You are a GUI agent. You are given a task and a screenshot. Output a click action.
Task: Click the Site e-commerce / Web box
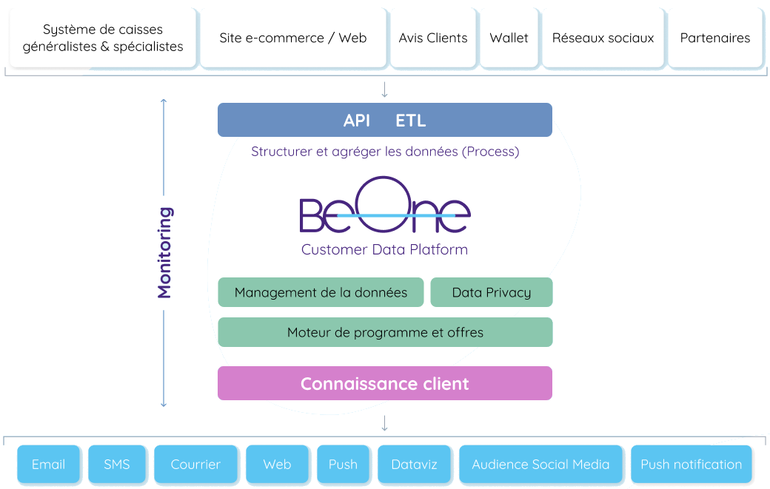[x=292, y=38]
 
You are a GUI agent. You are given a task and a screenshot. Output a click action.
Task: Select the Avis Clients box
[x=432, y=38]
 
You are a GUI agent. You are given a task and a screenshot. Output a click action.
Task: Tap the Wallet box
[x=509, y=38]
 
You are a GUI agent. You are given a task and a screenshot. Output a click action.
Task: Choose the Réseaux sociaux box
[x=603, y=38]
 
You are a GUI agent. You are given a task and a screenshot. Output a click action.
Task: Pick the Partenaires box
[x=714, y=38]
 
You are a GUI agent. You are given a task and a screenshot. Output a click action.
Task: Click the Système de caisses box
[x=103, y=38]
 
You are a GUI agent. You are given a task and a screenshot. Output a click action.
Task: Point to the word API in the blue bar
[x=357, y=121]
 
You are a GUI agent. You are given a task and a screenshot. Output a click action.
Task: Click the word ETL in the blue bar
[x=411, y=121]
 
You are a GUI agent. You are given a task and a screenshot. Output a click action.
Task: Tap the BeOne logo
[x=385, y=207]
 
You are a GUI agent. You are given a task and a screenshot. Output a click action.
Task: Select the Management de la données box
[x=321, y=292]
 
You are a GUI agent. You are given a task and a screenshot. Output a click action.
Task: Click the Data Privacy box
[x=492, y=292]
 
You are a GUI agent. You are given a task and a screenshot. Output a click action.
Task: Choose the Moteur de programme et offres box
[x=385, y=332]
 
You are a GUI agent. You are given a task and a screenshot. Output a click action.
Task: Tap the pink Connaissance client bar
[x=385, y=383]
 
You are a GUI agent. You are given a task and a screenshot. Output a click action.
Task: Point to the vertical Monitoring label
[x=164, y=252]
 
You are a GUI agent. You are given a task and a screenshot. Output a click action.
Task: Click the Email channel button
[x=48, y=465]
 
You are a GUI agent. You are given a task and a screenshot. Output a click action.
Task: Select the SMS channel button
[x=117, y=465]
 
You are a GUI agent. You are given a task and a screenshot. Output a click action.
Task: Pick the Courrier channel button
[x=195, y=465]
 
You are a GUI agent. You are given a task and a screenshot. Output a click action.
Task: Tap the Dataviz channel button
[x=414, y=465]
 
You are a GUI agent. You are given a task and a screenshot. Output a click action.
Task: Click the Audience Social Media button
[x=540, y=465]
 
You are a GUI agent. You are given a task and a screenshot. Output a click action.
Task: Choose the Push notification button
[x=691, y=465]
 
